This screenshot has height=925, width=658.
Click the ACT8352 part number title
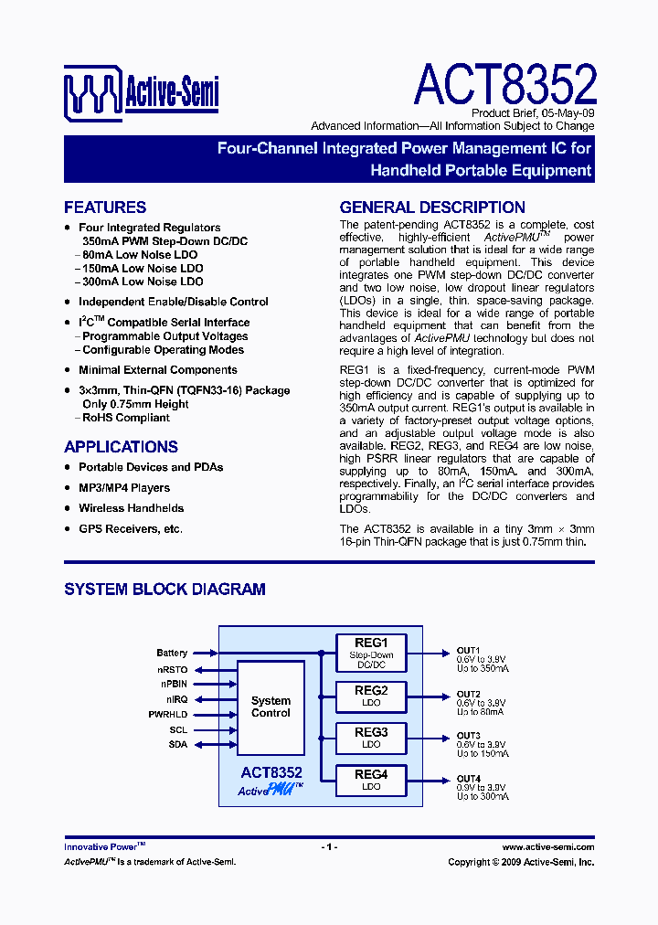point(504,85)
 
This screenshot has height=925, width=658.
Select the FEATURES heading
point(105,207)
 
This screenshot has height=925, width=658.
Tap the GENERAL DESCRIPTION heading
point(432,207)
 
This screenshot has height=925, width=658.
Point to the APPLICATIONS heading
point(121,447)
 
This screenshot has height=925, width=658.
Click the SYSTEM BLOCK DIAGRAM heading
point(164,590)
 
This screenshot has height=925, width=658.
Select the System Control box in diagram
point(271,707)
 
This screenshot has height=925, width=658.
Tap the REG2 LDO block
point(371,696)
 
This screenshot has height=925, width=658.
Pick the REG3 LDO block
point(371,738)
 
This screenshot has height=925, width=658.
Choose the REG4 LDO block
point(371,780)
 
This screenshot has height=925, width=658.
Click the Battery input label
point(172,653)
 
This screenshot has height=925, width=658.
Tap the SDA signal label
point(177,745)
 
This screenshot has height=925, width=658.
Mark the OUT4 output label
point(468,779)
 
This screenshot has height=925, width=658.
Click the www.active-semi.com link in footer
point(547,847)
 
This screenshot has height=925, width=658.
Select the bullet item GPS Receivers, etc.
point(130,529)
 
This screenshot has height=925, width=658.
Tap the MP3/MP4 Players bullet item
point(124,487)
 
